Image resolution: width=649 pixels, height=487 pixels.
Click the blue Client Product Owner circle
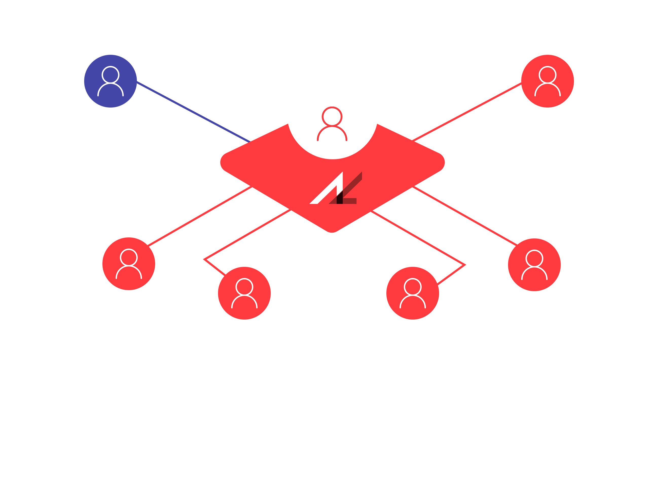[110, 81]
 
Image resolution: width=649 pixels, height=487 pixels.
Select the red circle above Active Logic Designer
[129, 264]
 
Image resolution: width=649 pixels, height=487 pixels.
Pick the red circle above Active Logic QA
[534, 265]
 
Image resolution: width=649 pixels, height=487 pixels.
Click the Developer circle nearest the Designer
[244, 293]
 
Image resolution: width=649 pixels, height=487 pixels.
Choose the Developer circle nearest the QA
[412, 293]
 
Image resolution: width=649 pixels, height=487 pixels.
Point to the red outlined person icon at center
[332, 124]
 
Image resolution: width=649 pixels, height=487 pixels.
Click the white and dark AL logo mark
[336, 189]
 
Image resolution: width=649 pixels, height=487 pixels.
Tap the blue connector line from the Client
[194, 112]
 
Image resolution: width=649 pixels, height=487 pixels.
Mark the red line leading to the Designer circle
[200, 216]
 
